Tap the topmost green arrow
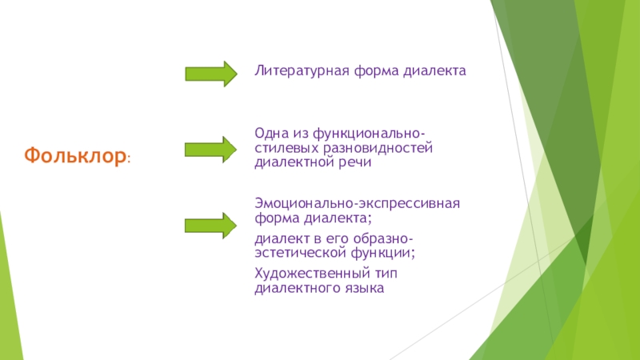[x=210, y=73]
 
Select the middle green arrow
[x=210, y=149]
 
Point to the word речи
[x=352, y=162]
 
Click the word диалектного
[x=292, y=287]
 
